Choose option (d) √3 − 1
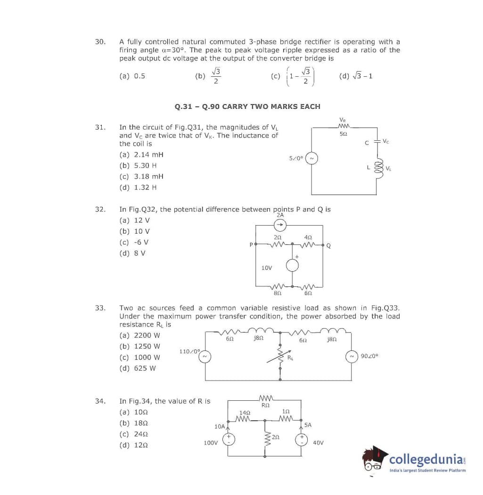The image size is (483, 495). pos(356,75)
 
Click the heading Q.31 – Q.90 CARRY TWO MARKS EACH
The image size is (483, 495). pos(247,106)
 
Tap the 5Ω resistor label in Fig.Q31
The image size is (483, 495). pos(344,134)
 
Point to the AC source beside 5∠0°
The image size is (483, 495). pos(311,158)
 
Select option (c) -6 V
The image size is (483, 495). pos(134,242)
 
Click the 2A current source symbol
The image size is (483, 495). pos(280,224)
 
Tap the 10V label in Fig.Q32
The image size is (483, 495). pos(266,268)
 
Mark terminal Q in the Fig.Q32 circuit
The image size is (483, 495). pos(328,245)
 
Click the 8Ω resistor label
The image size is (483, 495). pos(278,293)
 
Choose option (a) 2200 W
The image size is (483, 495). pos(140,335)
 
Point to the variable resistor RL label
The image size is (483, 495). pos(291,358)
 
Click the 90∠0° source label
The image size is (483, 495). pos(369,356)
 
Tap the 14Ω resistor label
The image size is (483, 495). pos(244,412)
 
